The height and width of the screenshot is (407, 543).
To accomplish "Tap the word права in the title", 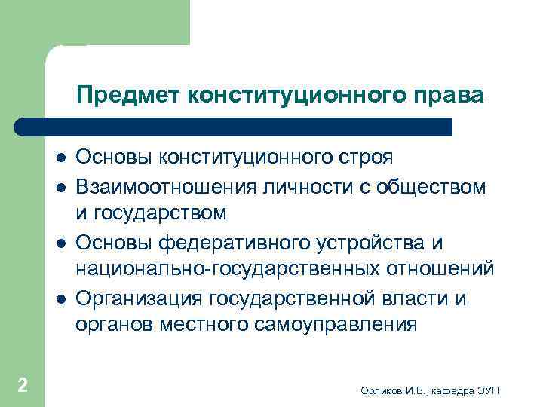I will (x=444, y=96).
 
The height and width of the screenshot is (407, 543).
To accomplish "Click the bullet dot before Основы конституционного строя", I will (x=59, y=158).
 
